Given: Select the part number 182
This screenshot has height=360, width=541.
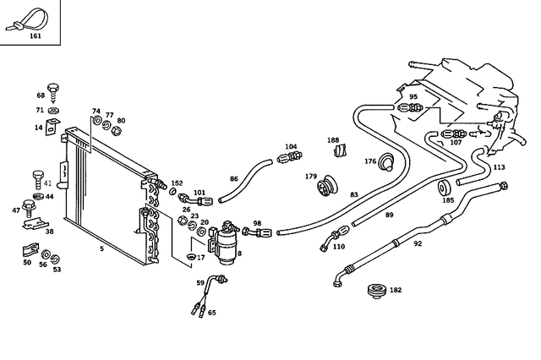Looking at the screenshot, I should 396,290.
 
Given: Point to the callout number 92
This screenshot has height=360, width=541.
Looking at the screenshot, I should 417,245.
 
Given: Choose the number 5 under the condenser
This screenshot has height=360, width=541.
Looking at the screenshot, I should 101,248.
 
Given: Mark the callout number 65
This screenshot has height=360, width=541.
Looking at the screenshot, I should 211,313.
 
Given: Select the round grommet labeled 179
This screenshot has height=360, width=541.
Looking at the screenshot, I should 326,186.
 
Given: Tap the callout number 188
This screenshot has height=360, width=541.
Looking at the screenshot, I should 333,140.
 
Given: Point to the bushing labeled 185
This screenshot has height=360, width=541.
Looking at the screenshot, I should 447,188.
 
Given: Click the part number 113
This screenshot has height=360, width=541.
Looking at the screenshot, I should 499,167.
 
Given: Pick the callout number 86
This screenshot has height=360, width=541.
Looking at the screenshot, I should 234,179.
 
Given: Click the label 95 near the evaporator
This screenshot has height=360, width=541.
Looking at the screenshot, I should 413,97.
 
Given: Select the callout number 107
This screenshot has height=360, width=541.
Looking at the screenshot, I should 456,142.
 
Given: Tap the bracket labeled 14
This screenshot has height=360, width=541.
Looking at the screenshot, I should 52,128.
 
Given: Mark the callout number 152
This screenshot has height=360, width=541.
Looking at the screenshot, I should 177,183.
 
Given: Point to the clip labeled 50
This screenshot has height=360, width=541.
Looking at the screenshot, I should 28,251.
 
